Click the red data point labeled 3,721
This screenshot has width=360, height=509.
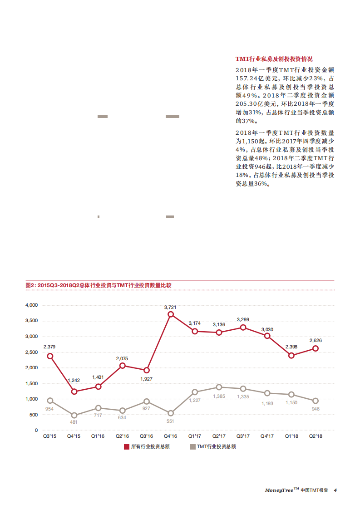171,314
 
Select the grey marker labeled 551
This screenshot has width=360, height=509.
171,413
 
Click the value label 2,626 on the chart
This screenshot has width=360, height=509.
316,340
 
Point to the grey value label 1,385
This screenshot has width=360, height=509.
219,396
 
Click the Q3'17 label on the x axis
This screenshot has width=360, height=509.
243,436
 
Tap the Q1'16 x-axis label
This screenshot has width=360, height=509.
98,436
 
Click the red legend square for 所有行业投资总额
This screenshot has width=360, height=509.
127,447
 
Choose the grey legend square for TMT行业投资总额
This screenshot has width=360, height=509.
192,447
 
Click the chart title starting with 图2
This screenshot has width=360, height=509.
99,285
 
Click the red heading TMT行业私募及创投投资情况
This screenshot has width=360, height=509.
274,59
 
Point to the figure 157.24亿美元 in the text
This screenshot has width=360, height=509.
255,78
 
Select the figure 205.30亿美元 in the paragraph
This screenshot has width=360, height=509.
255,104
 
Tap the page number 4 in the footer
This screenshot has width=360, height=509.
335,490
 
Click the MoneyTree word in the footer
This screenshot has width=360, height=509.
279,490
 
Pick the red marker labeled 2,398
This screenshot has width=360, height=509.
291,355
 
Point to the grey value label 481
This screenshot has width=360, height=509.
74,422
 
